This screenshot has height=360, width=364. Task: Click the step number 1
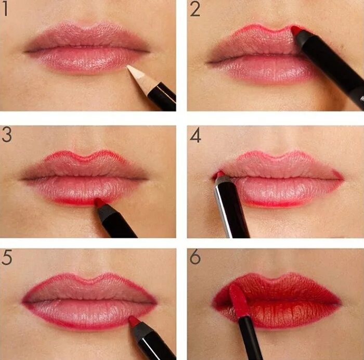tap(5, 9)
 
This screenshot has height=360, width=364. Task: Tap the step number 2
tap(195, 9)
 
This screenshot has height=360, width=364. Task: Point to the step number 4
tap(195, 135)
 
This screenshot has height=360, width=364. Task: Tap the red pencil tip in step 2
tap(296, 30)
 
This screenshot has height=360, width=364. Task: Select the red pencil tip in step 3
tap(99, 202)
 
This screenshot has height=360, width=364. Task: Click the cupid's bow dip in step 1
tap(87, 28)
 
